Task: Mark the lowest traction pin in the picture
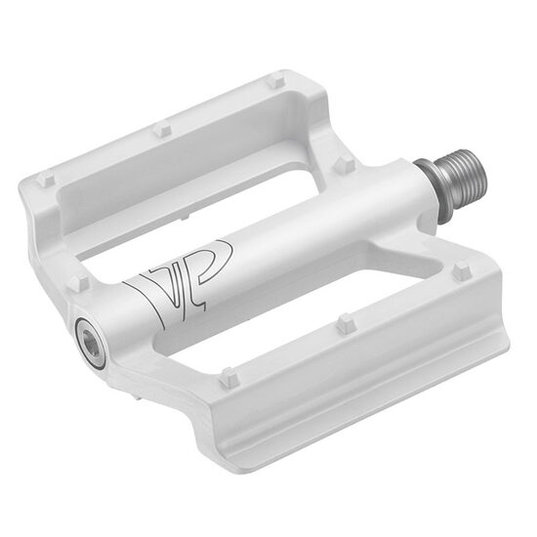click(228, 375)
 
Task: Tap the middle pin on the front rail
click(344, 322)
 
